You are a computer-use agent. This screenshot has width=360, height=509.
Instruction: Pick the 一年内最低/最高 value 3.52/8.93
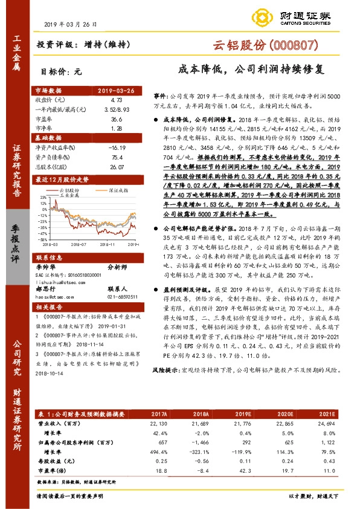pos(117,109)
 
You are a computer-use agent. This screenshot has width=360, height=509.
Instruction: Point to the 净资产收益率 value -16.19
pos(116,148)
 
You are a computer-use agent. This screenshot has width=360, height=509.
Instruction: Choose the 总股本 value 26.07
pos(117,167)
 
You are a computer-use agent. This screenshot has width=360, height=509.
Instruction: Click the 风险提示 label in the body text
pos(166,385)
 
